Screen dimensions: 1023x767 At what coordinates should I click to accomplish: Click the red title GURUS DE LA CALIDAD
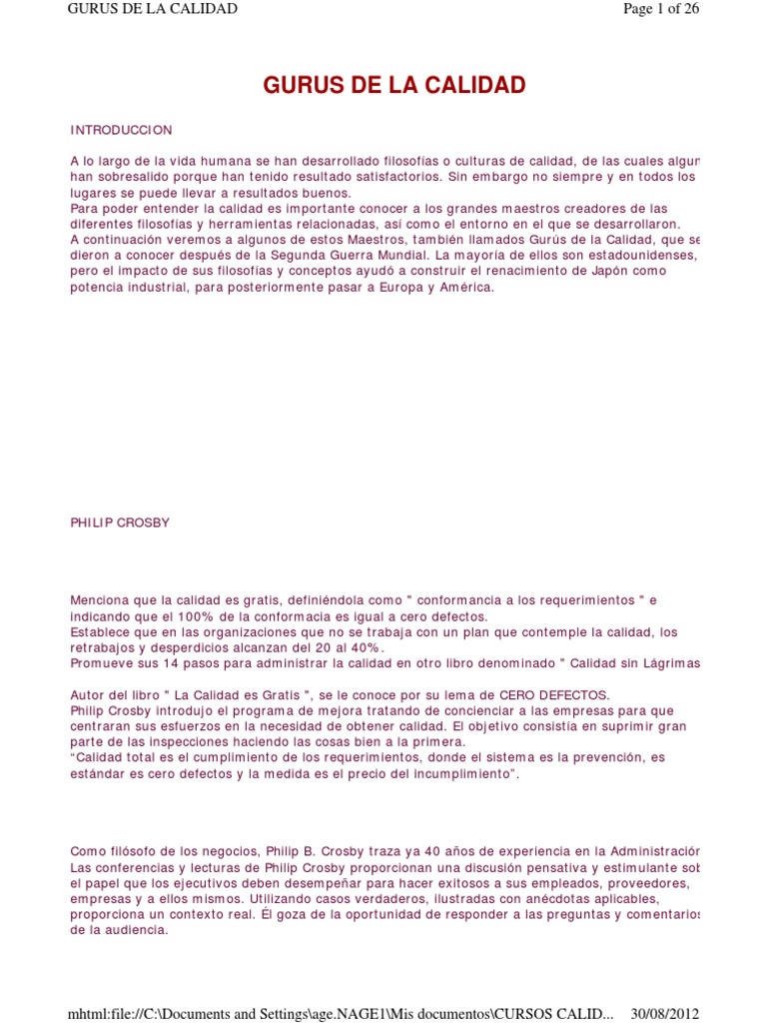click(393, 85)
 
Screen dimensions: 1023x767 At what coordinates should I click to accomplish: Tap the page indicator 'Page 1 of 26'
click(660, 9)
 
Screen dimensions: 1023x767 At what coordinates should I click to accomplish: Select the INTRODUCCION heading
click(121, 130)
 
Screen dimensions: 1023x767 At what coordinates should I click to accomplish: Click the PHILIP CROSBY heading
click(120, 522)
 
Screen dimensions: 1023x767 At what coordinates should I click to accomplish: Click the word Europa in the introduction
click(383, 288)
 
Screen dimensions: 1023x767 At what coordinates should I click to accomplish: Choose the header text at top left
click(152, 9)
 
